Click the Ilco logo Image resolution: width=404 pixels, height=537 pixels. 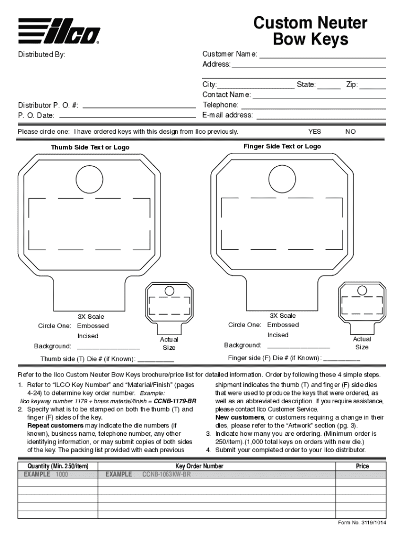(x=59, y=30)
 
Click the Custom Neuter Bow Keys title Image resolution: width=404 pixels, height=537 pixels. (x=310, y=31)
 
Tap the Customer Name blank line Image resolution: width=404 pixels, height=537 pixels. (x=322, y=57)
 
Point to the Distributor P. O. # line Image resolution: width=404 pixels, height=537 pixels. (x=139, y=109)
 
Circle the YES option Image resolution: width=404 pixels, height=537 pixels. (x=315, y=132)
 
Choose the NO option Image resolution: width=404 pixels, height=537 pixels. (x=350, y=132)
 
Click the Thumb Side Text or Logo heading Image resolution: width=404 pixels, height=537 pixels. (x=90, y=148)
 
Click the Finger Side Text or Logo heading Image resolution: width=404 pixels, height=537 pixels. (x=282, y=147)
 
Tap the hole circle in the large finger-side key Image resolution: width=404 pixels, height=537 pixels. (x=282, y=179)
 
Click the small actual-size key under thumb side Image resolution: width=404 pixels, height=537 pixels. (x=169, y=307)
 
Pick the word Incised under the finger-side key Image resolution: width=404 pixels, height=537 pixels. (x=278, y=335)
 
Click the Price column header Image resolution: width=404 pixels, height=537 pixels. (x=362, y=466)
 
